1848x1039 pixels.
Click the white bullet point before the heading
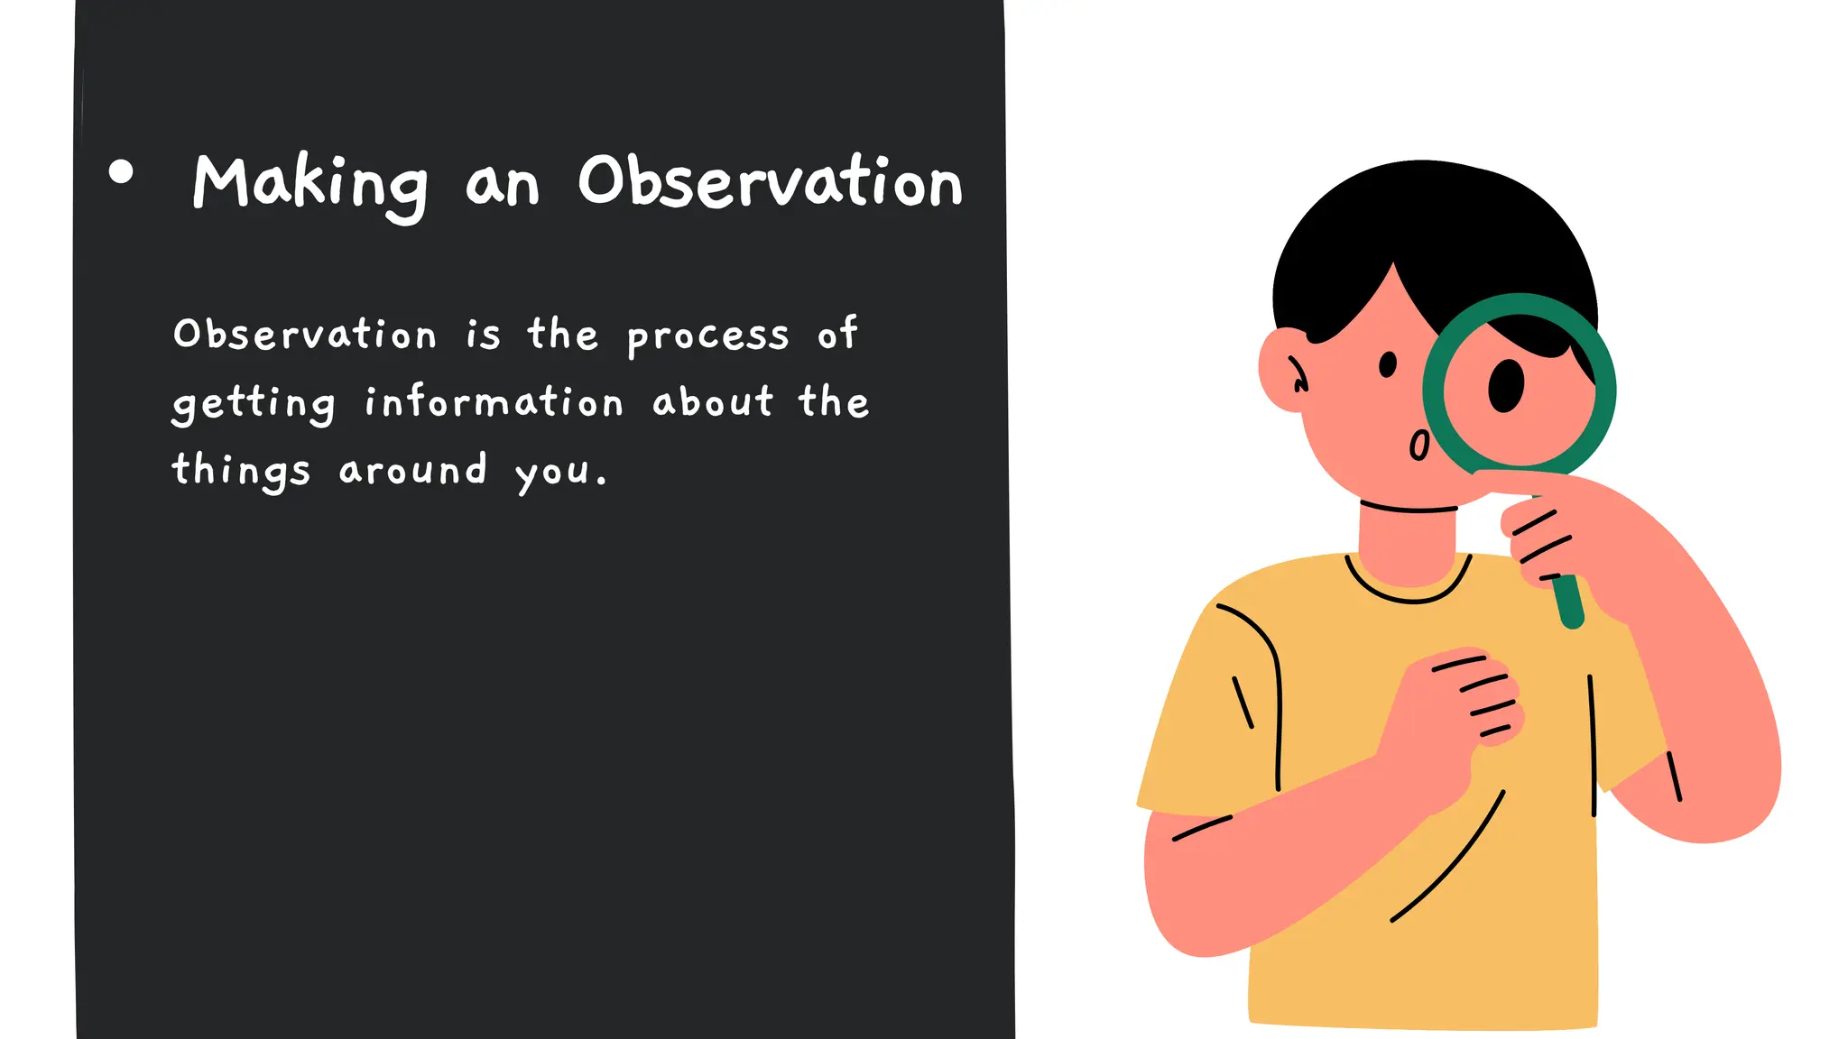pos(120,171)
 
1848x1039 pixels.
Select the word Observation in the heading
pos(770,182)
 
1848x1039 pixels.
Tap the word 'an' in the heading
pos(502,186)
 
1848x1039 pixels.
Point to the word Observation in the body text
pos(305,335)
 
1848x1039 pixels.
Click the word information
pos(494,402)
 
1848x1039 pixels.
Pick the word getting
pos(254,404)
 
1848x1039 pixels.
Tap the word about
pos(713,402)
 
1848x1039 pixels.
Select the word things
pos(241,471)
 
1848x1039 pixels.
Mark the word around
pos(412,470)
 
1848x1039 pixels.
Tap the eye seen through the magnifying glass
pos(1505,384)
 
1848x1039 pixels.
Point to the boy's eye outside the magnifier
pos(1388,364)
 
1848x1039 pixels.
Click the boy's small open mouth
pos(1418,446)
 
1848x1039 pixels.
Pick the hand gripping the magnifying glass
pos(1561,532)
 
